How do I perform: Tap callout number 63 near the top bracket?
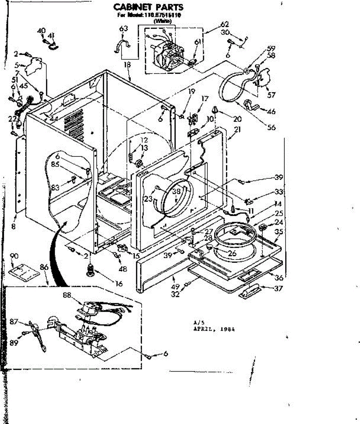pos(123,29)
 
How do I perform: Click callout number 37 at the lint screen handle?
pos(278,289)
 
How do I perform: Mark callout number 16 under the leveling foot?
pos(119,283)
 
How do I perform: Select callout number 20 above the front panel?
pos(237,119)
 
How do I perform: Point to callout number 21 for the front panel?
pos(237,130)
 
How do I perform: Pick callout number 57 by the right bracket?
pos(271,95)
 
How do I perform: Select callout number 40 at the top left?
pos(41,31)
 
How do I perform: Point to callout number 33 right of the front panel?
pos(279,192)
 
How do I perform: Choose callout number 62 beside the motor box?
pos(225,25)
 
